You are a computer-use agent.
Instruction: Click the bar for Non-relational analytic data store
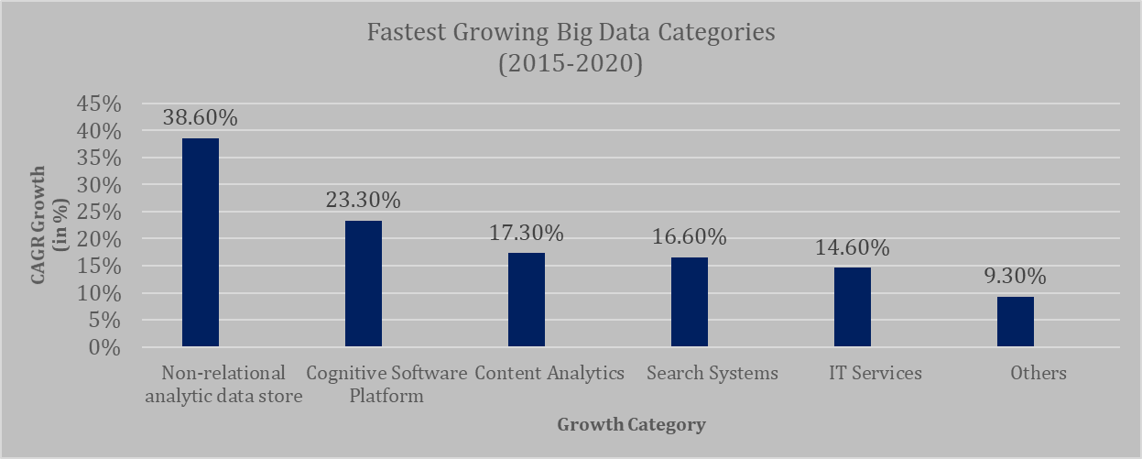[201, 243]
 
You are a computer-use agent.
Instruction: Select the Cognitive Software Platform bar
[364, 284]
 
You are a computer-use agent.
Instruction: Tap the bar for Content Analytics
[527, 301]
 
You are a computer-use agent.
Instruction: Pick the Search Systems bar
[690, 302]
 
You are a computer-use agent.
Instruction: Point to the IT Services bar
[853, 308]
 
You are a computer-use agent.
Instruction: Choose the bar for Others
[1016, 322]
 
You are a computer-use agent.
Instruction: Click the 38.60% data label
[201, 117]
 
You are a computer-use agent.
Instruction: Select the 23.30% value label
[364, 200]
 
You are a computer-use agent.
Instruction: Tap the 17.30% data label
[527, 233]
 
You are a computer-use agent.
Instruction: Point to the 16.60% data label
[690, 236]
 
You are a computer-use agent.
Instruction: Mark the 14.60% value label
[853, 247]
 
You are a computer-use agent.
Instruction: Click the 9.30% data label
[1016, 276]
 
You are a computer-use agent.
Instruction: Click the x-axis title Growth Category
[632, 424]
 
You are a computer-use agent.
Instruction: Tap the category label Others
[1039, 373]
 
